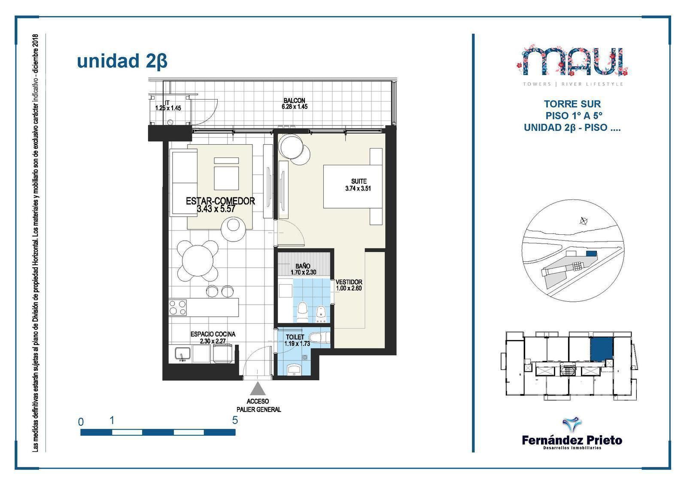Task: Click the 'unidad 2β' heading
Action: pyautogui.click(x=122, y=61)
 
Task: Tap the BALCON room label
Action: pyautogui.click(x=294, y=100)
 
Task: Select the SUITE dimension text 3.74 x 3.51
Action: pyautogui.click(x=358, y=188)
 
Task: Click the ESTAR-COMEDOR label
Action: pyautogui.click(x=220, y=201)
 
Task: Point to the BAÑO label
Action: pyautogui.click(x=303, y=266)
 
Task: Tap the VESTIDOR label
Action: pyautogui.click(x=349, y=282)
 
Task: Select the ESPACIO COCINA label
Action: pyautogui.click(x=213, y=334)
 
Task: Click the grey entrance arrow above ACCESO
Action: pyautogui.click(x=258, y=388)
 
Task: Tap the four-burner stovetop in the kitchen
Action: pyautogui.click(x=178, y=307)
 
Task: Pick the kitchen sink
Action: pyautogui.click(x=182, y=354)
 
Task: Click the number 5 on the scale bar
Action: pyautogui.click(x=235, y=420)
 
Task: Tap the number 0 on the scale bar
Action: pyautogui.click(x=81, y=422)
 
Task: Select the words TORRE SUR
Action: pyautogui.click(x=572, y=104)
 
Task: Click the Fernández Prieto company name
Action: pyautogui.click(x=572, y=440)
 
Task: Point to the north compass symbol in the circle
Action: pyautogui.click(x=584, y=221)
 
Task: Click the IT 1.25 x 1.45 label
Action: pyautogui.click(x=168, y=105)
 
